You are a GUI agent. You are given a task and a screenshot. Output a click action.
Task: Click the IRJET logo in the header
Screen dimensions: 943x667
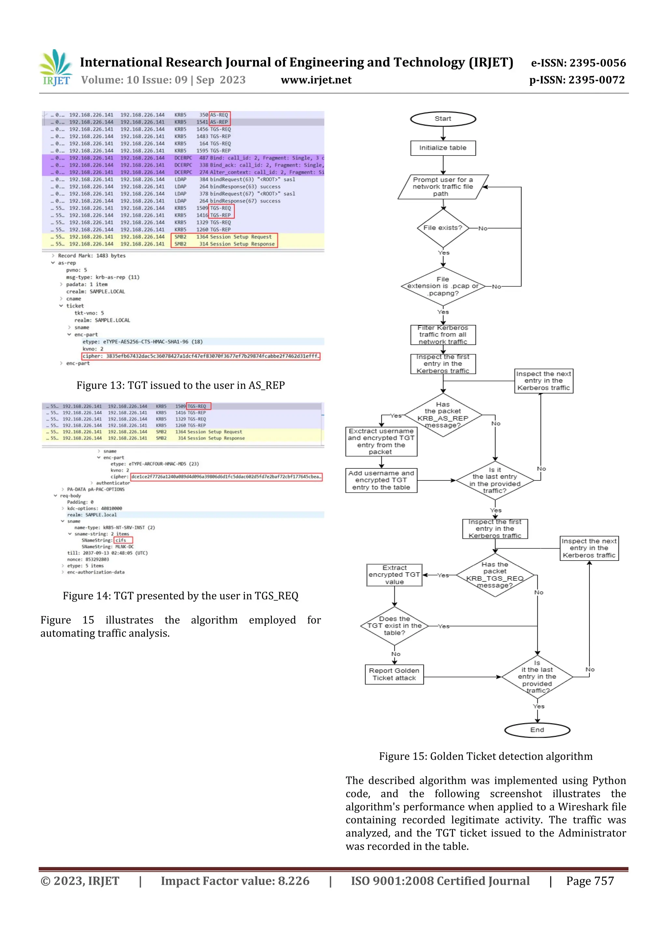coord(56,68)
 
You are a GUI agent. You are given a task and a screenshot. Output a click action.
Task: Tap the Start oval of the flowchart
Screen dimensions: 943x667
coord(443,119)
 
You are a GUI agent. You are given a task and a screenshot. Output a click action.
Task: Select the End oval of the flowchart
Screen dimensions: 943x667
coord(537,730)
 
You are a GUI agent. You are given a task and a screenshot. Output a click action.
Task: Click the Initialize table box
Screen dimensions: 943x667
coord(443,148)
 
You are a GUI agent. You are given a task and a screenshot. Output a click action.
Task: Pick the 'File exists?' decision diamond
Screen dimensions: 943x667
coord(443,228)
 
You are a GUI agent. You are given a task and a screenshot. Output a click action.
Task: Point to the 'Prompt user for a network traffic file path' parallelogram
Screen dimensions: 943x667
coord(443,187)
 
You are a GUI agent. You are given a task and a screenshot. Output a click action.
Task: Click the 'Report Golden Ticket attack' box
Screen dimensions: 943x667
coord(394,674)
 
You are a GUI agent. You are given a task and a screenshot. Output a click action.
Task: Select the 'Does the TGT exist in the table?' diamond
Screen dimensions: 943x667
coord(394,626)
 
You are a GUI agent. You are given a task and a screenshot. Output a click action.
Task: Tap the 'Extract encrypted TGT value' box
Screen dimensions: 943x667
coord(394,575)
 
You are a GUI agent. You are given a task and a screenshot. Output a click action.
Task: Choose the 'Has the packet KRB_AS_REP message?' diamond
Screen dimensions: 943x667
coord(443,415)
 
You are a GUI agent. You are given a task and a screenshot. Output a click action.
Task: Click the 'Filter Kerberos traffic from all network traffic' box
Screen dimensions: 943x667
coord(443,335)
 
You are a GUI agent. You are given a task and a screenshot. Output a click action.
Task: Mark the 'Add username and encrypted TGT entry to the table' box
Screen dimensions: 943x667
coord(381,480)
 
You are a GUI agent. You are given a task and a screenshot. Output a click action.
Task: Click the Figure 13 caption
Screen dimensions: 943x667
coord(180,385)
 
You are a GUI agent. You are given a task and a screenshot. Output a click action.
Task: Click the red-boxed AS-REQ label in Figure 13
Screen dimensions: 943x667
coord(219,115)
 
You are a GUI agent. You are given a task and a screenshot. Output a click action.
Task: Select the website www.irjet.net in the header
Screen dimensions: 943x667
coord(316,80)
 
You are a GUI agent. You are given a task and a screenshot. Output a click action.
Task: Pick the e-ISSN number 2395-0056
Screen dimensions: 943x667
coord(578,63)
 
